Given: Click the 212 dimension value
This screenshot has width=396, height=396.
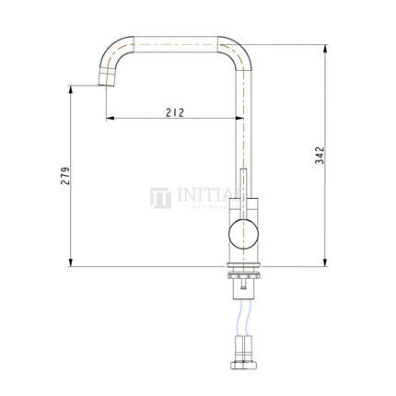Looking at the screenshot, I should pyautogui.click(x=177, y=112).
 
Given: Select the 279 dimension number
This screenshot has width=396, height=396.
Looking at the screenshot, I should pyautogui.click(x=65, y=178).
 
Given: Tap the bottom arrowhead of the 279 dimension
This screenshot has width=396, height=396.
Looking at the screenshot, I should pyautogui.click(x=73, y=263).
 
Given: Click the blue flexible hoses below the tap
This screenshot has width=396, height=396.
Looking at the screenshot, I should pyautogui.click(x=243, y=319).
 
